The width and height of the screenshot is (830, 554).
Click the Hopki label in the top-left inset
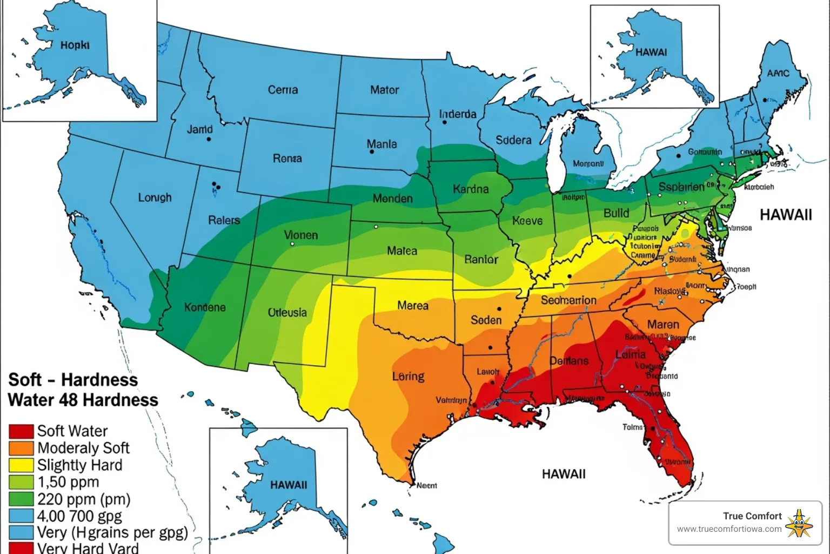tap(75, 45)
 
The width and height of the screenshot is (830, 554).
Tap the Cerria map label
tap(283, 90)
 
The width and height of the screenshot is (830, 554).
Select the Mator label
tap(384, 90)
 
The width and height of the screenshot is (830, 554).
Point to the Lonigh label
tap(155, 197)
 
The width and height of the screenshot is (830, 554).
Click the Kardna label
tap(471, 189)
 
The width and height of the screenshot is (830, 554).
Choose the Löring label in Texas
tap(408, 376)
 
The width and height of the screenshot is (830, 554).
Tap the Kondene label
tap(205, 307)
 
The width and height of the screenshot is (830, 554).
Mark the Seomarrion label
tap(568, 300)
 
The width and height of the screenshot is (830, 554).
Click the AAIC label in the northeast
tap(778, 73)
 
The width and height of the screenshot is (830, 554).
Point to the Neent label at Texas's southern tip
tap(426, 485)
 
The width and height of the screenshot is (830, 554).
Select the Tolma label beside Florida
tap(632, 427)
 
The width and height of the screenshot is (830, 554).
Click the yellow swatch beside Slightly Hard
tap(21, 465)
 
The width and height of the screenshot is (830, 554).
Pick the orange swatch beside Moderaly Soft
tap(21, 448)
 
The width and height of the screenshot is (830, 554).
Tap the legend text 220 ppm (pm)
tap(84, 499)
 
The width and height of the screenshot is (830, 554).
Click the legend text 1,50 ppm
tap(68, 482)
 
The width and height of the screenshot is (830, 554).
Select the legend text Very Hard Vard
tap(88, 548)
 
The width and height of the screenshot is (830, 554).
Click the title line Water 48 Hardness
tap(83, 400)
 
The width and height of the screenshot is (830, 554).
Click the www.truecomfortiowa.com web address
tap(729, 529)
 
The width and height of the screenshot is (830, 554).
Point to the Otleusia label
tap(287, 313)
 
